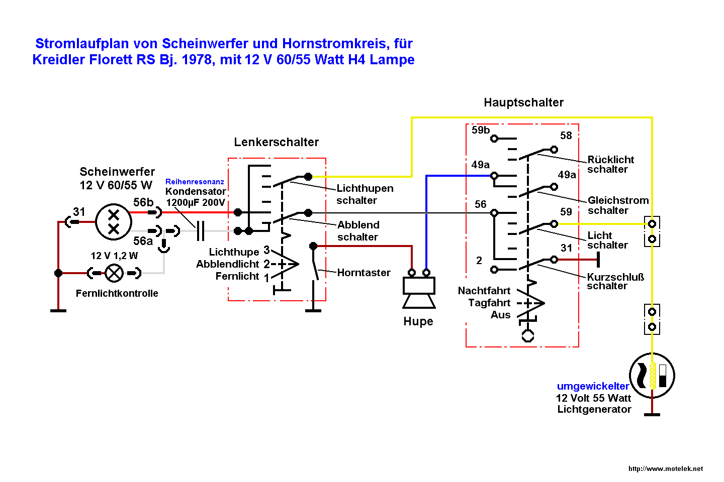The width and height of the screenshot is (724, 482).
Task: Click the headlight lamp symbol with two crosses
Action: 114,222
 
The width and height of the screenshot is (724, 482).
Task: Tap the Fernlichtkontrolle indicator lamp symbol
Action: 114,273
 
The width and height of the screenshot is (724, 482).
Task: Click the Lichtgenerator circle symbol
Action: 652,376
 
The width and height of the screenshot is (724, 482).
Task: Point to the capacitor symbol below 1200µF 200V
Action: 201,231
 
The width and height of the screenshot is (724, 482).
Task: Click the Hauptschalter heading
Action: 523,102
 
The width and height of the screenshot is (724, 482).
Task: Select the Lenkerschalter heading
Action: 276,142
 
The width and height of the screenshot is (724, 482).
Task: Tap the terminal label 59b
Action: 481,130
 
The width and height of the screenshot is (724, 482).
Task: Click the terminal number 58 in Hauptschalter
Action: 566,136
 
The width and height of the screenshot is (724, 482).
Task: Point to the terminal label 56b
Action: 143,202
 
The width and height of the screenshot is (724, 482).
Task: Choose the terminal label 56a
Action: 143,241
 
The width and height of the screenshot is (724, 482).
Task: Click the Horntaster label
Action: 364,273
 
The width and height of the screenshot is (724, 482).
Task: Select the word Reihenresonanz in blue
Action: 195,182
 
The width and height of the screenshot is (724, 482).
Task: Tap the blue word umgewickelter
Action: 593,386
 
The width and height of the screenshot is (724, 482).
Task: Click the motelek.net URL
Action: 666,468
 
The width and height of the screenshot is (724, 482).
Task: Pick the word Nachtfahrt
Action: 484,291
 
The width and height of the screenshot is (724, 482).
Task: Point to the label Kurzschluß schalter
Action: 615,281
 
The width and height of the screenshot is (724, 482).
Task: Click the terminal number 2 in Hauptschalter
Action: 479,261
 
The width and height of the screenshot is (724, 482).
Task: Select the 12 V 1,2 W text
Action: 114,256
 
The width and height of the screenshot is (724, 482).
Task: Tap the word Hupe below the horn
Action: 418,321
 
